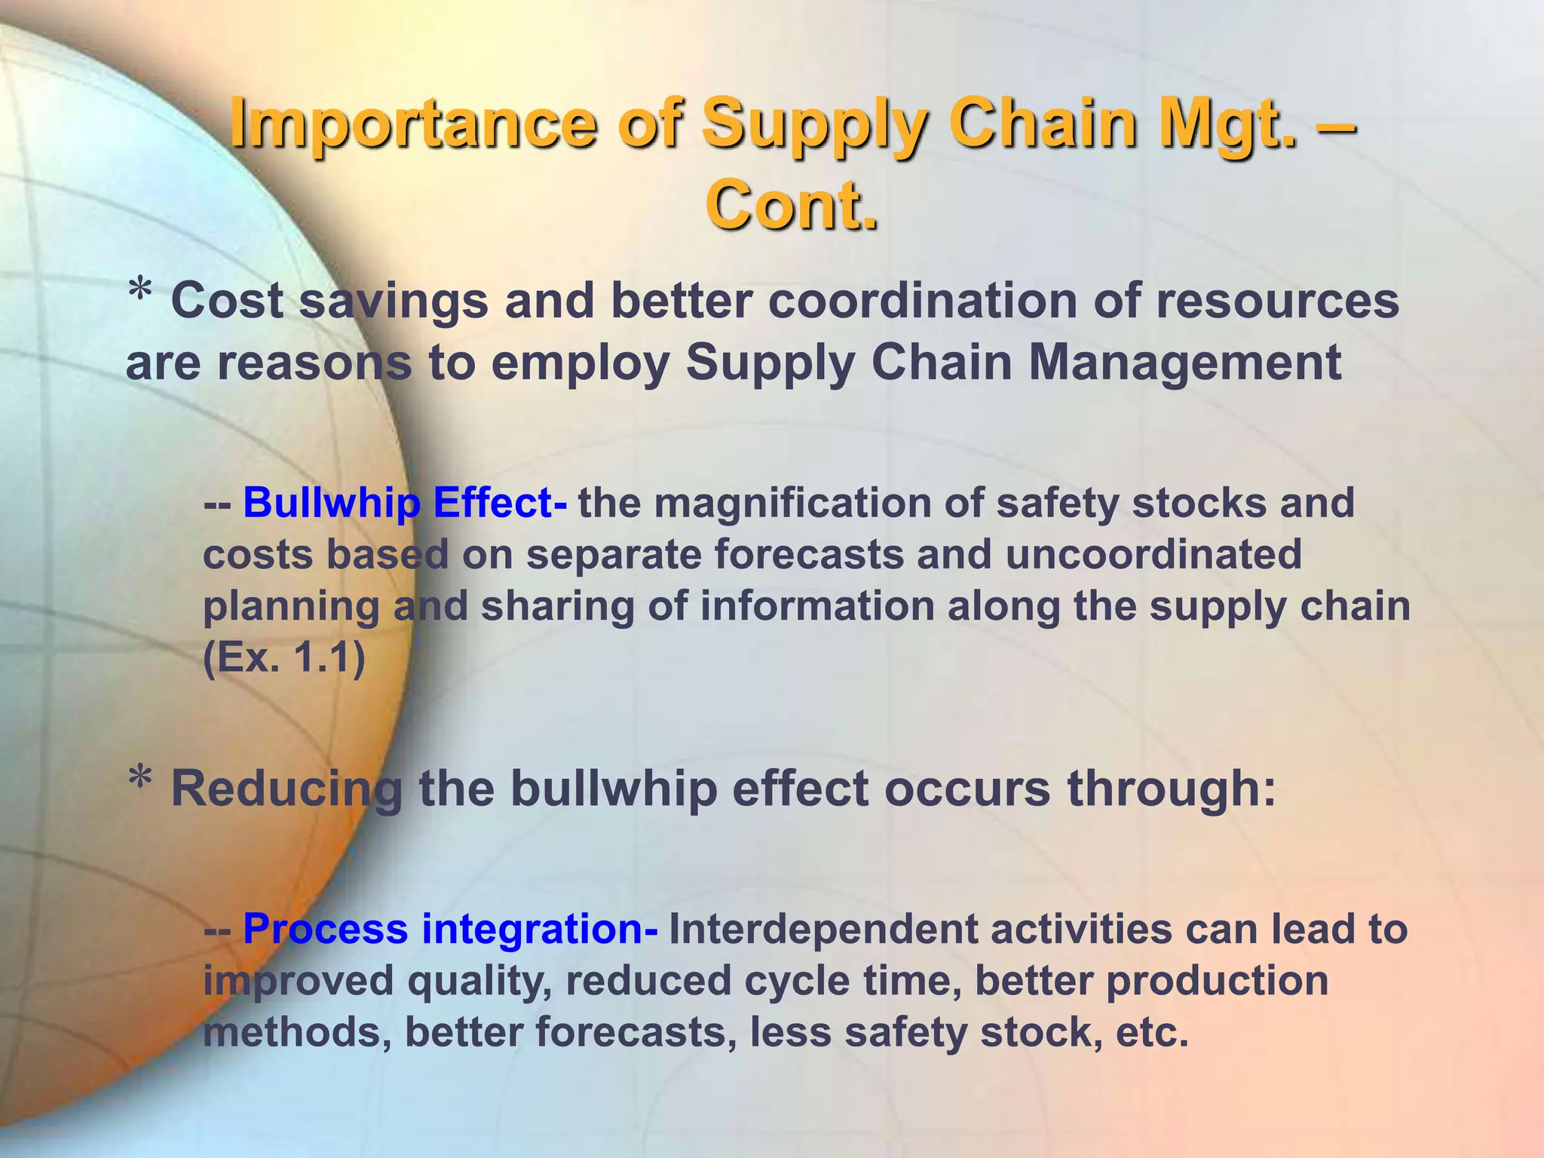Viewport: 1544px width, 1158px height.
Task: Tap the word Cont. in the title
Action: (x=792, y=205)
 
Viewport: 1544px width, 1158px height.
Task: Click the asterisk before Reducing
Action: (x=140, y=781)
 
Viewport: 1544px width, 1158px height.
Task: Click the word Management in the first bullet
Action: (x=1184, y=363)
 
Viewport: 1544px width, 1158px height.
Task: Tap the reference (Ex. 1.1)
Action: (x=284, y=658)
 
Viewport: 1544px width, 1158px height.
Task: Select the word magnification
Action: (x=792, y=503)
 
